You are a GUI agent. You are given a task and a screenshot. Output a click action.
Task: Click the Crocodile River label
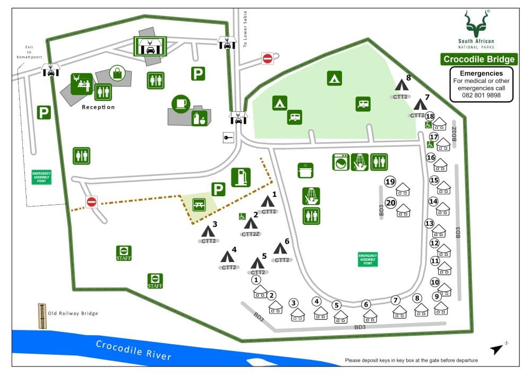(x=134, y=351)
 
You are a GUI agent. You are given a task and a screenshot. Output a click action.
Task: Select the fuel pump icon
(x=241, y=177)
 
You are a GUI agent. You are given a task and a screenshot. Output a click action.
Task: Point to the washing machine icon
(x=340, y=162)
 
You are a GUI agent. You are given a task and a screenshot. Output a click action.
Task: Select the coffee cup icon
(x=181, y=103)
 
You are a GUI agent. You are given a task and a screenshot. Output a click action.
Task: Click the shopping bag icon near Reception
(x=117, y=73)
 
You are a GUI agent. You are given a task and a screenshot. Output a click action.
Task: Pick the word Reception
(x=98, y=107)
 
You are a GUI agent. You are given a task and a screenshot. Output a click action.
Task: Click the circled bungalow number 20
(x=391, y=202)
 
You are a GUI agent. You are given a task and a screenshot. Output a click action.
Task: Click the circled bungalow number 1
(x=256, y=280)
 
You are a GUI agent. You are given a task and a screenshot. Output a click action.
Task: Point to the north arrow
(x=498, y=348)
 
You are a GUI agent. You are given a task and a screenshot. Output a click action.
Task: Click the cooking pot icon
(x=306, y=170)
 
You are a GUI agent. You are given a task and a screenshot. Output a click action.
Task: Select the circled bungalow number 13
(x=430, y=223)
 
